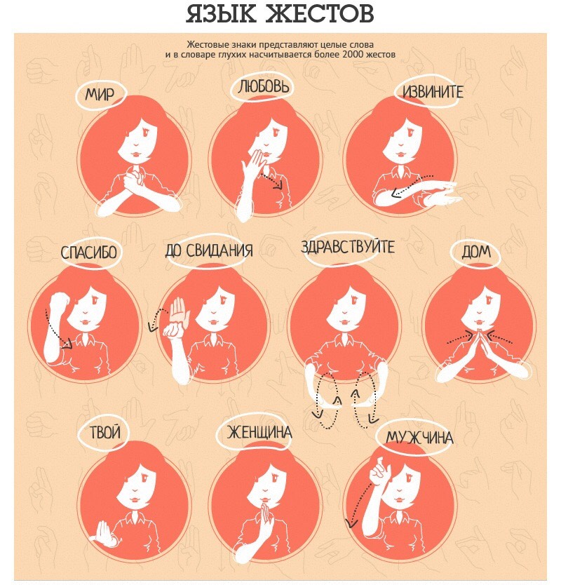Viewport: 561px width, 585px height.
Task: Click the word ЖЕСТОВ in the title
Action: point(320,14)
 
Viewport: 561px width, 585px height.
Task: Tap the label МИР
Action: point(100,95)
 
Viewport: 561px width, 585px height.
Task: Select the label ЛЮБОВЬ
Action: point(264,86)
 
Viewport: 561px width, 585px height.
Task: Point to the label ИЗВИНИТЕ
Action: point(433,91)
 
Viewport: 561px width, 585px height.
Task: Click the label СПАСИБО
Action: point(89,253)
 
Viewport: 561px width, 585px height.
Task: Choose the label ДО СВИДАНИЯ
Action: point(209,250)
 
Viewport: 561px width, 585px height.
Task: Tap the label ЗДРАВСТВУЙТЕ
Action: point(348,247)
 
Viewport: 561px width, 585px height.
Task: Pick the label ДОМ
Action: point(476,252)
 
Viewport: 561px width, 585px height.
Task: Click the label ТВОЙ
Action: point(105,432)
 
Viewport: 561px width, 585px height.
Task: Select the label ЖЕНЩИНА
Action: point(259,432)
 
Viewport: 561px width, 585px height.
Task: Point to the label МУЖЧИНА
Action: point(419,437)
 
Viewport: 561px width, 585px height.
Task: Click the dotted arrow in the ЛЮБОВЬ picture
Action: point(271,182)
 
